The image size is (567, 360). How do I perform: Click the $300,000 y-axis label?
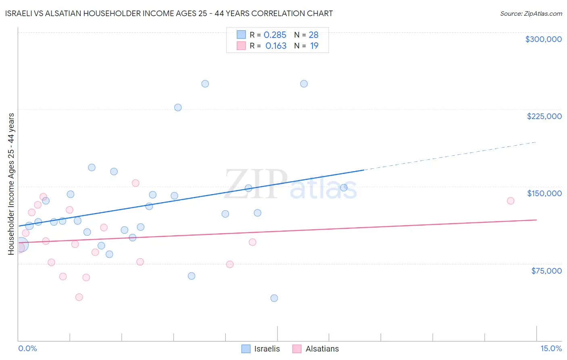click(x=543, y=39)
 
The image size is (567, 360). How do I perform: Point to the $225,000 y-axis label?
click(x=544, y=116)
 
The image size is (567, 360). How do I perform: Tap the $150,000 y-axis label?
click(x=544, y=193)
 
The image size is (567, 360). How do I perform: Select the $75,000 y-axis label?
click(x=546, y=271)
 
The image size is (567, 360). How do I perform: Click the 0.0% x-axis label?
click(x=27, y=348)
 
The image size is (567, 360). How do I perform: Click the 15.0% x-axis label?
click(x=551, y=348)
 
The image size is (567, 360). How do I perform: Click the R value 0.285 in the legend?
click(x=275, y=35)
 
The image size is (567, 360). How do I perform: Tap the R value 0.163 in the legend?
click(x=276, y=46)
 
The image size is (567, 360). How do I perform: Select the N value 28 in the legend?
click(x=313, y=35)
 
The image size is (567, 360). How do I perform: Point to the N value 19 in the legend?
click(x=314, y=46)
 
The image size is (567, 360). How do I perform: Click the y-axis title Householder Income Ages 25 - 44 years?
click(x=11, y=184)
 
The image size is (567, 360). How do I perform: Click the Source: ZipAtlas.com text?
click(x=531, y=14)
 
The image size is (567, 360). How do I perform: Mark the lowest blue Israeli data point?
click(x=274, y=298)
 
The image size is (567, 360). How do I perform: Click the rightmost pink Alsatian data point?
click(x=511, y=201)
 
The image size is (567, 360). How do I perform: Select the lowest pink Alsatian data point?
click(x=79, y=297)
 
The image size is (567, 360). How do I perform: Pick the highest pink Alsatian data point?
click(x=135, y=183)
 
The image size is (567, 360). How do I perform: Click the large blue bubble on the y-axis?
click(x=21, y=245)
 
